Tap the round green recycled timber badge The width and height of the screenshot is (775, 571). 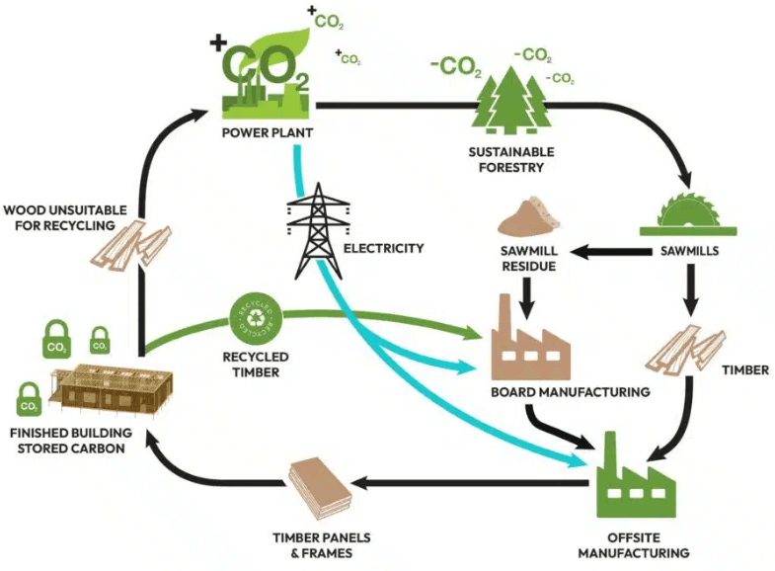click(255, 315)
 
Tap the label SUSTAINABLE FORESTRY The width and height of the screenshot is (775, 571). click(511, 159)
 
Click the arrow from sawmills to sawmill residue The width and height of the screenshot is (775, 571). click(613, 252)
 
